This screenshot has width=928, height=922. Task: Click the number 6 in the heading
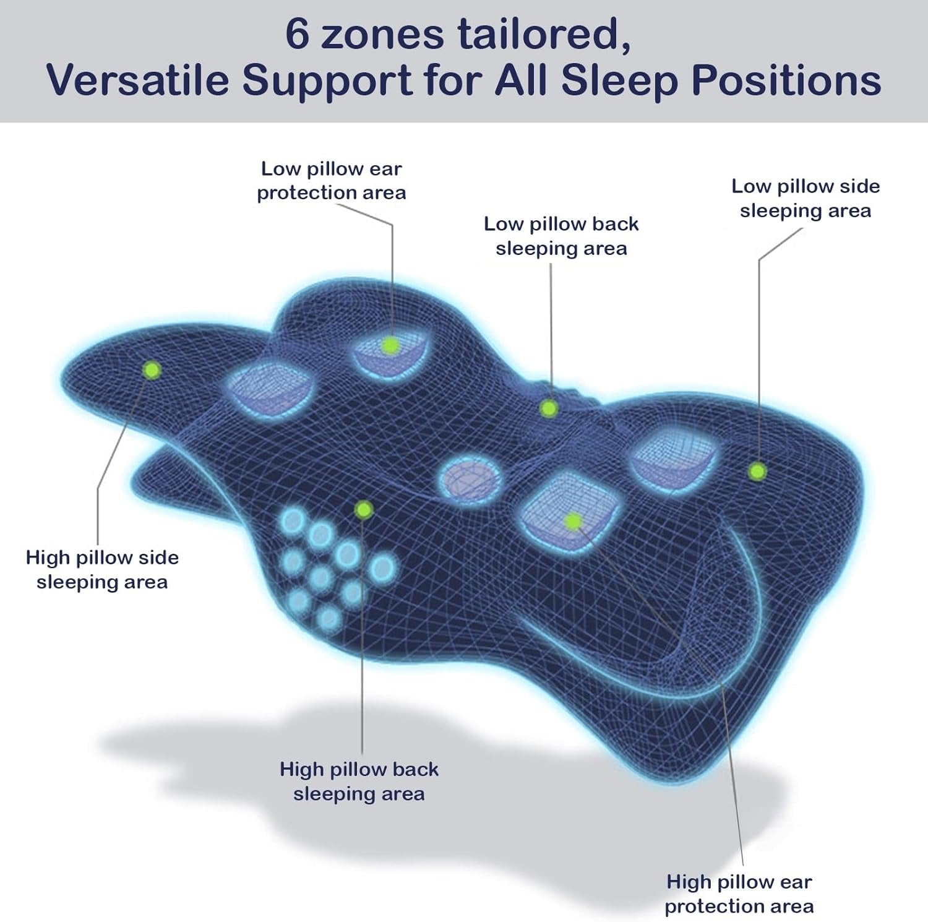[x=298, y=35]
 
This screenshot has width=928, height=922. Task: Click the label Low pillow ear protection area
[x=332, y=181]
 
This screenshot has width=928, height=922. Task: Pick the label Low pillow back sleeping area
[x=561, y=236]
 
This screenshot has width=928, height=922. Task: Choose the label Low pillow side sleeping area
[x=806, y=199]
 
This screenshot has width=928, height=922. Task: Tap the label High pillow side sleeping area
[x=102, y=570]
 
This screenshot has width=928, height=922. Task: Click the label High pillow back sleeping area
[x=359, y=782]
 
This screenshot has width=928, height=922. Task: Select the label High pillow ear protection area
[x=739, y=894]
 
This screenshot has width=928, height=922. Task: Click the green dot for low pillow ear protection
[x=390, y=345]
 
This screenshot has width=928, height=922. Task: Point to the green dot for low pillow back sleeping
[x=549, y=408]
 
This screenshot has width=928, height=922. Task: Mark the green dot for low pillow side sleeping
[x=757, y=472]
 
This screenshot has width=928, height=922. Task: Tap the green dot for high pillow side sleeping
[x=152, y=371]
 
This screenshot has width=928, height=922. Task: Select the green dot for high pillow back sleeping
[x=364, y=510]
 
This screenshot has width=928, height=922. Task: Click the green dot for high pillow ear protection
[x=573, y=521]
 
